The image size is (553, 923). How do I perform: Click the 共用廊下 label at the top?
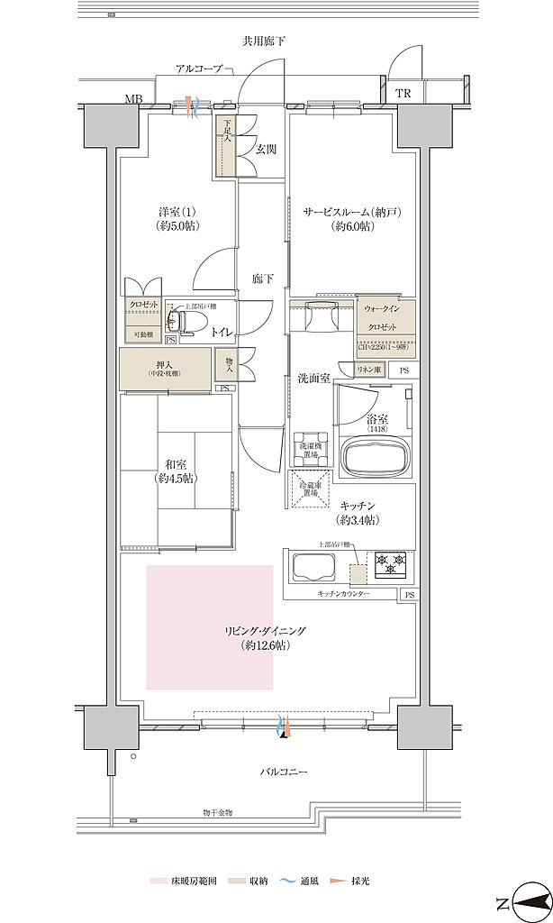pyautogui.click(x=263, y=41)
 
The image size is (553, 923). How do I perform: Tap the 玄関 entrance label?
pyautogui.click(x=265, y=148)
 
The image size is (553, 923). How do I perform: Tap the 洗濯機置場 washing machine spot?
pyautogui.click(x=308, y=448)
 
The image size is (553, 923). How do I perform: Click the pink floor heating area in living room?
pyautogui.click(x=210, y=626)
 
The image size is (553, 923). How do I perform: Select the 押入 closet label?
pyautogui.click(x=164, y=365)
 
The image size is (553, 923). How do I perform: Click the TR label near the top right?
pyautogui.click(x=403, y=94)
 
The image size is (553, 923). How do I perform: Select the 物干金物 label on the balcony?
pyautogui.click(x=217, y=812)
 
